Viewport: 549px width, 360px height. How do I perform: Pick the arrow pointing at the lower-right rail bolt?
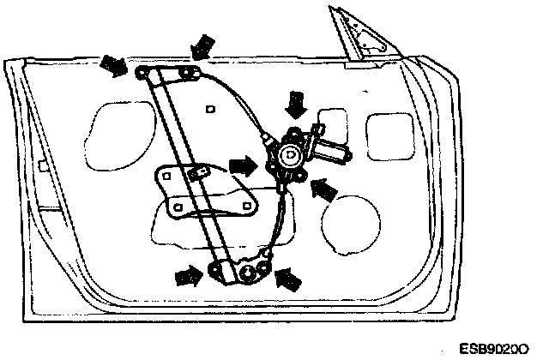pos(290,276)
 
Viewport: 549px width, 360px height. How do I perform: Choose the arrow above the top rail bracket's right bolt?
pos(203,45)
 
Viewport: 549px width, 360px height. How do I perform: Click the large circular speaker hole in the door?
pos(350,222)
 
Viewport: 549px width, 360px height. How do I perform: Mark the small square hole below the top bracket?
pos(211,108)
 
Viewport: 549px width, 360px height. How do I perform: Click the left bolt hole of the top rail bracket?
pos(141,75)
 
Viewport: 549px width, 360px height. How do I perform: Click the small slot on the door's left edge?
pos(39,163)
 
